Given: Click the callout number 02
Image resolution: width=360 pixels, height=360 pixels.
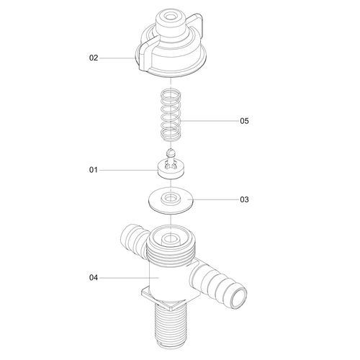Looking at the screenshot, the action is click(x=94, y=58).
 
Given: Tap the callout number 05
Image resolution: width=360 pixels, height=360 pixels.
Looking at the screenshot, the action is click(x=244, y=121).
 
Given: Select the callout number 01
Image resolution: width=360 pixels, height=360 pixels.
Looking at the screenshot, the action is click(x=94, y=170).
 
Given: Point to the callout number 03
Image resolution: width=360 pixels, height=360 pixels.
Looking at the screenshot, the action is click(x=244, y=199).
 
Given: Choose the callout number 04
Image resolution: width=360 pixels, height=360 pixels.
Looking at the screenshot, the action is click(x=94, y=278).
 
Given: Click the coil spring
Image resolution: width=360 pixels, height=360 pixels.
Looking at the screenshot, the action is click(x=171, y=116).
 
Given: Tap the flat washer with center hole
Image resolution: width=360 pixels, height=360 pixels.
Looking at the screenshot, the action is click(x=171, y=201).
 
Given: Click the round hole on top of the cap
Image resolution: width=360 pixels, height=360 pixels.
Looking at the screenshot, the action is click(x=171, y=17).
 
